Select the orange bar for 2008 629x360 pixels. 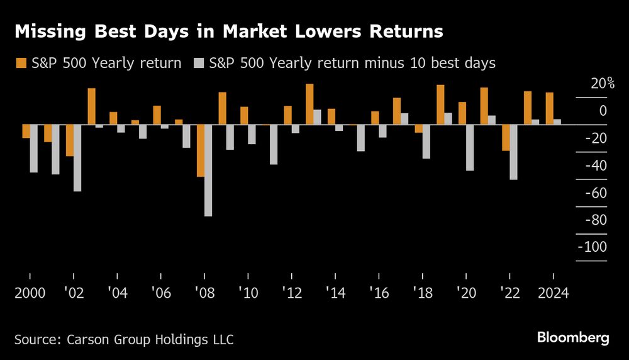tap(201, 150)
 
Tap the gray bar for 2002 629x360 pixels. tap(77, 157)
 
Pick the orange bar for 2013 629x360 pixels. tap(309, 104)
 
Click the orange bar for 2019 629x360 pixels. tap(440, 104)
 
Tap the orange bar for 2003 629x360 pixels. tap(91, 106)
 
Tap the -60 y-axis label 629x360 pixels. tap(596, 193)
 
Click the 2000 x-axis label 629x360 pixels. tap(30, 294)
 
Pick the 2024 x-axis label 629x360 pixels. tap(552, 294)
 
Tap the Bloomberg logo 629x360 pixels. tap(573, 338)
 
